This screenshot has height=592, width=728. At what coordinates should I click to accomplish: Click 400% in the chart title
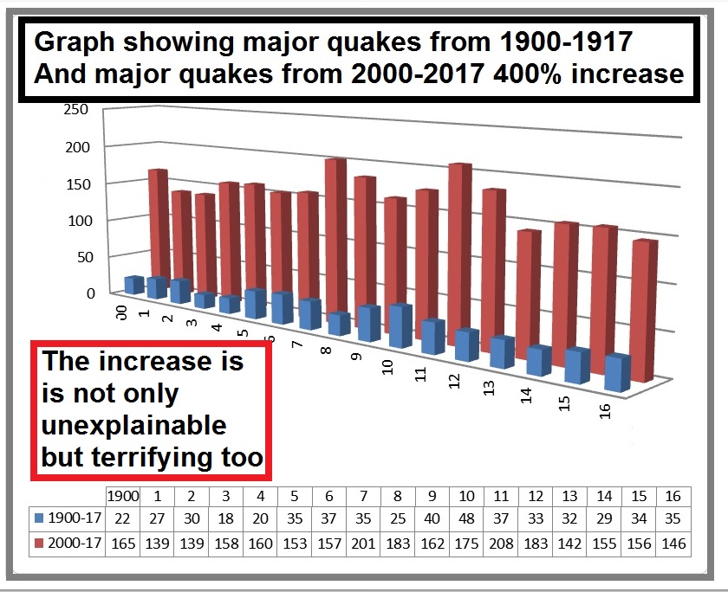point(530,74)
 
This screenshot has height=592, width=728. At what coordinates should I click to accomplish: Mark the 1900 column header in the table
point(121,496)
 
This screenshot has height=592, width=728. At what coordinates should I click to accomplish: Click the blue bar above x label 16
point(616,372)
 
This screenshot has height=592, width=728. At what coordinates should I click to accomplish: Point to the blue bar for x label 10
point(400,326)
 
